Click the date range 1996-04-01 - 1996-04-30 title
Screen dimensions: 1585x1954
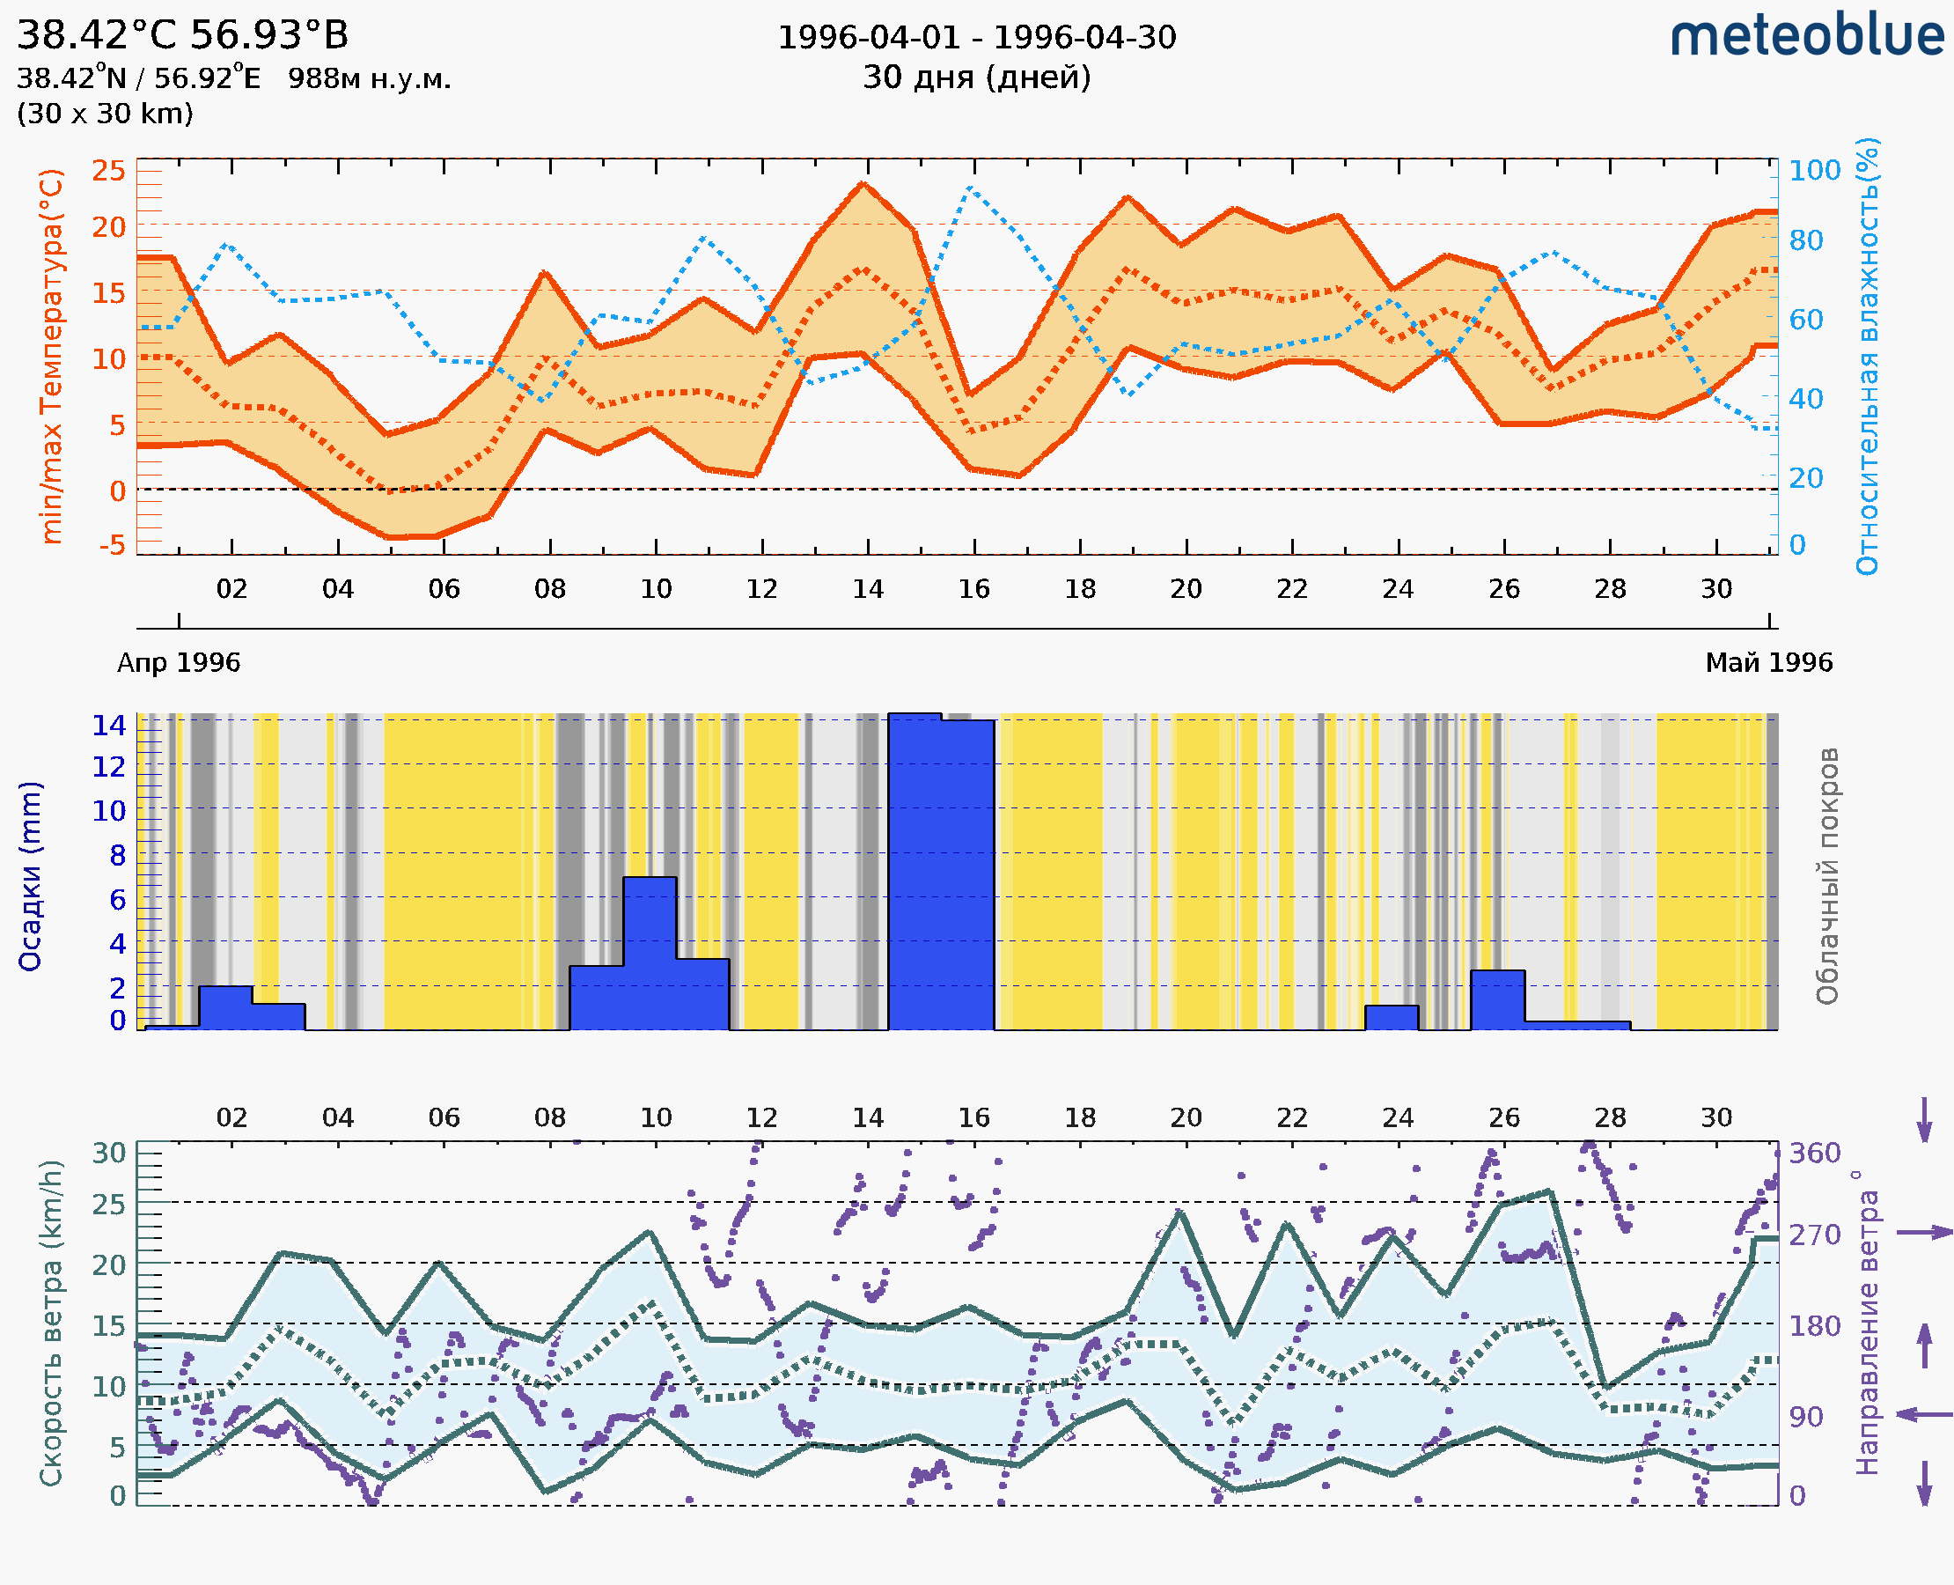tap(976, 38)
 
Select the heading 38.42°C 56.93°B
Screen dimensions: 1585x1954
tap(182, 35)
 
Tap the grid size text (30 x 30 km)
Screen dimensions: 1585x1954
tap(105, 114)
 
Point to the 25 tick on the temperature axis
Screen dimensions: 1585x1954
tap(108, 170)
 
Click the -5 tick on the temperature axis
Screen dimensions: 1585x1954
tap(112, 545)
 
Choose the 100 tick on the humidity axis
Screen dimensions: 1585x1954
tap(1814, 170)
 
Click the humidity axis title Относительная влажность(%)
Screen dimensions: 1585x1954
tap(1867, 356)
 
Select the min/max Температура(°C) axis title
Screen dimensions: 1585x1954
tap(52, 356)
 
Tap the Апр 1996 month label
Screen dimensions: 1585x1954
tap(179, 662)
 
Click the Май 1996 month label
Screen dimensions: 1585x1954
tap(1769, 662)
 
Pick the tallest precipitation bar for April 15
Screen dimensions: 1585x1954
tap(915, 872)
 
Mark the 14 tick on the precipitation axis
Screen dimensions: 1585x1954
tap(108, 725)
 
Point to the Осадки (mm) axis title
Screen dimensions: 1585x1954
tap(30, 876)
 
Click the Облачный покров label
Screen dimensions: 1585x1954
tap(1826, 876)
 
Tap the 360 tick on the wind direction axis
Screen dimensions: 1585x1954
tap(1814, 1154)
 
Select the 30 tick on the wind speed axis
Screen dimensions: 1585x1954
tap(109, 1154)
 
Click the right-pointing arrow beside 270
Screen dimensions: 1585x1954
tap(1924, 1233)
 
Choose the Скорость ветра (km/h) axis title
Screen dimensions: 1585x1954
tap(52, 1323)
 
